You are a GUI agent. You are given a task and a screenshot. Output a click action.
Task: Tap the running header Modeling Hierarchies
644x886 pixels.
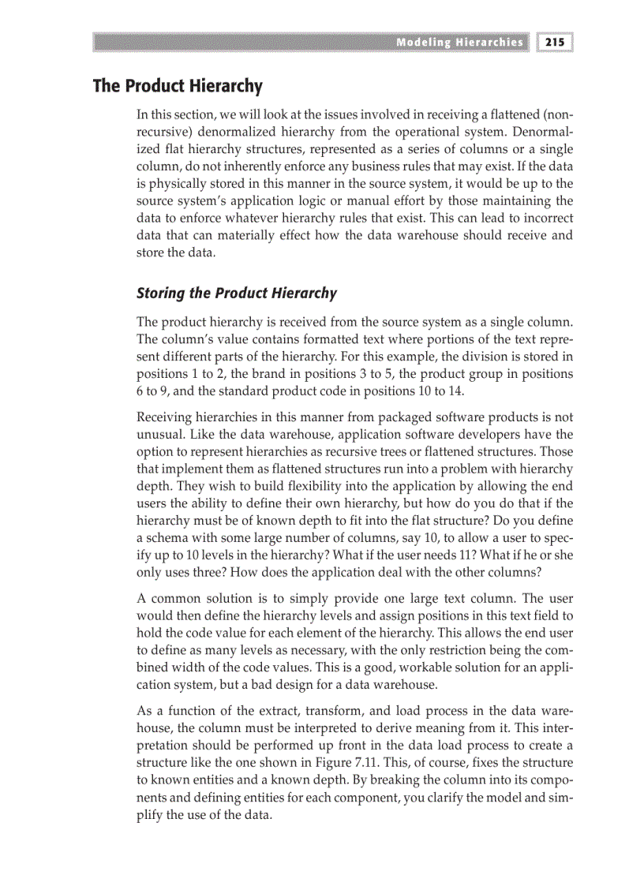pyautogui.click(x=459, y=42)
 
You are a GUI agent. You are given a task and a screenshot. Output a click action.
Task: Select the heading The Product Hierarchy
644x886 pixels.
pyautogui.click(x=178, y=85)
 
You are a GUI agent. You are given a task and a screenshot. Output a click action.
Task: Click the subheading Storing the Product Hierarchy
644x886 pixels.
pyautogui.click(x=237, y=293)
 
